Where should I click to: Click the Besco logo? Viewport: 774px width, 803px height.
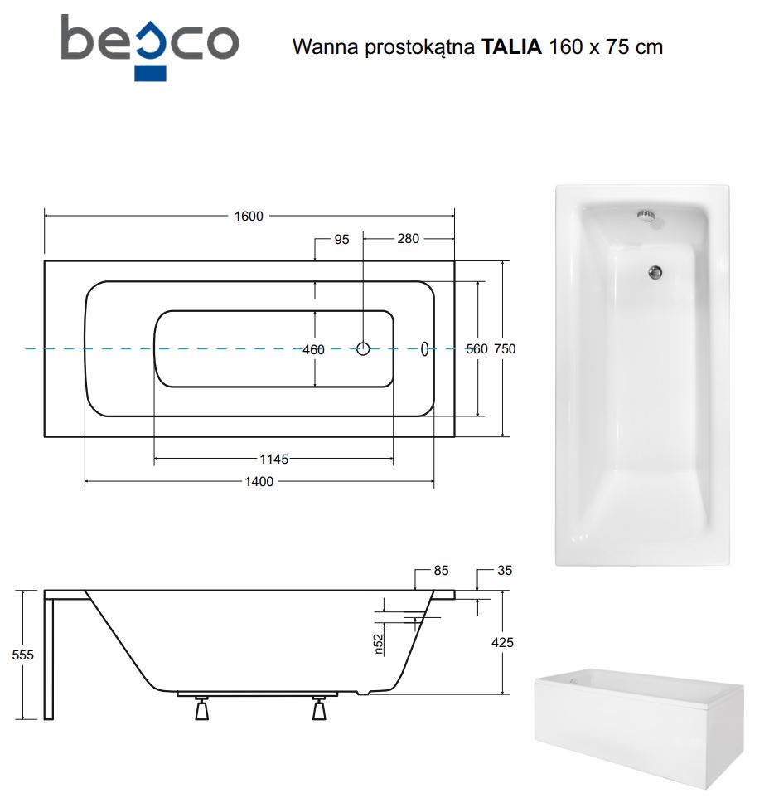[x=150, y=47]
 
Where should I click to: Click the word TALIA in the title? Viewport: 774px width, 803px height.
[x=511, y=46]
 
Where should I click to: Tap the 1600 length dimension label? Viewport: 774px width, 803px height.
[x=249, y=217]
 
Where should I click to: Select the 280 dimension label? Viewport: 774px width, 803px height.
[x=409, y=239]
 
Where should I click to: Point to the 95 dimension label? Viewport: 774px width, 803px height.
[x=341, y=239]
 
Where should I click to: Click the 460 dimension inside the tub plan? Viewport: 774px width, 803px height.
[x=313, y=350]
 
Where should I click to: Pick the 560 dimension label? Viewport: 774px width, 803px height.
[x=476, y=348]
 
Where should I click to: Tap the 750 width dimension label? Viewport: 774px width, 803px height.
[x=505, y=348]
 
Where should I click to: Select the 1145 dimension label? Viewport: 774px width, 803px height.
[x=273, y=459]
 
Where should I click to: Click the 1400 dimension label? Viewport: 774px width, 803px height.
[x=259, y=481]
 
